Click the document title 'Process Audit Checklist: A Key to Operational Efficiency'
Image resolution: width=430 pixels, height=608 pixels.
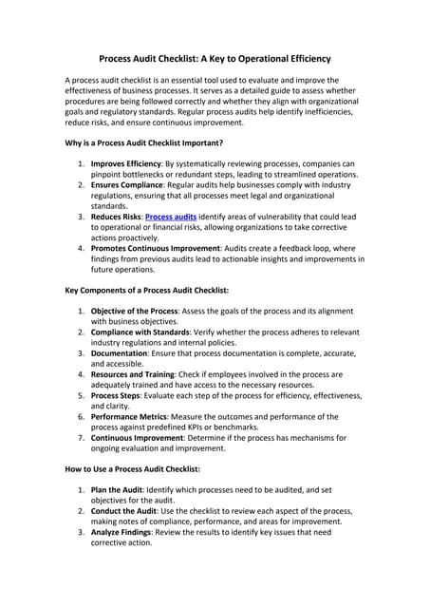(x=215, y=57)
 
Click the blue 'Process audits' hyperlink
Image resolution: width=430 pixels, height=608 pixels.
(x=171, y=217)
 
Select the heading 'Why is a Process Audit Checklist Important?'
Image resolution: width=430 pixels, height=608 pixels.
(x=143, y=143)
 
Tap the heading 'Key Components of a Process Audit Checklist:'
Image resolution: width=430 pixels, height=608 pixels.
(x=146, y=288)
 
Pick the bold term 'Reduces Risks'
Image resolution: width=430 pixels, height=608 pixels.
(x=116, y=217)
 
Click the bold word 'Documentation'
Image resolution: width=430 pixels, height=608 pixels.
(x=120, y=351)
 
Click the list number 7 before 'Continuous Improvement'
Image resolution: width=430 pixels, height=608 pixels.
(x=81, y=438)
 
